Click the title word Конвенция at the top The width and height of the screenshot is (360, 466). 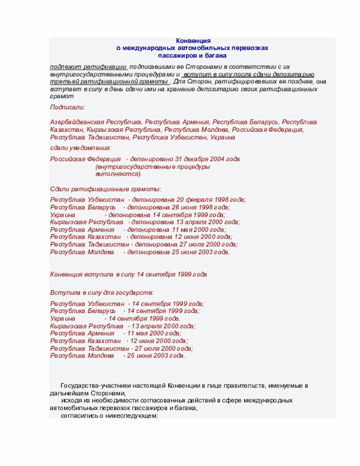(x=193, y=41)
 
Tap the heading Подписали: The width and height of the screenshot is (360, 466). (x=67, y=107)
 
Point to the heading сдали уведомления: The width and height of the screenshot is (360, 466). (x=80, y=147)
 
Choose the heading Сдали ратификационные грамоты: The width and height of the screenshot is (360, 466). (x=105, y=189)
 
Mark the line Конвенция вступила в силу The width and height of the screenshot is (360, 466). (x=128, y=274)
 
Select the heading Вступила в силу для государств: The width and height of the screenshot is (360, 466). (x=101, y=293)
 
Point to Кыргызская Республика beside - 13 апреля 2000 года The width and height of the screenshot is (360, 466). (x=86, y=326)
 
